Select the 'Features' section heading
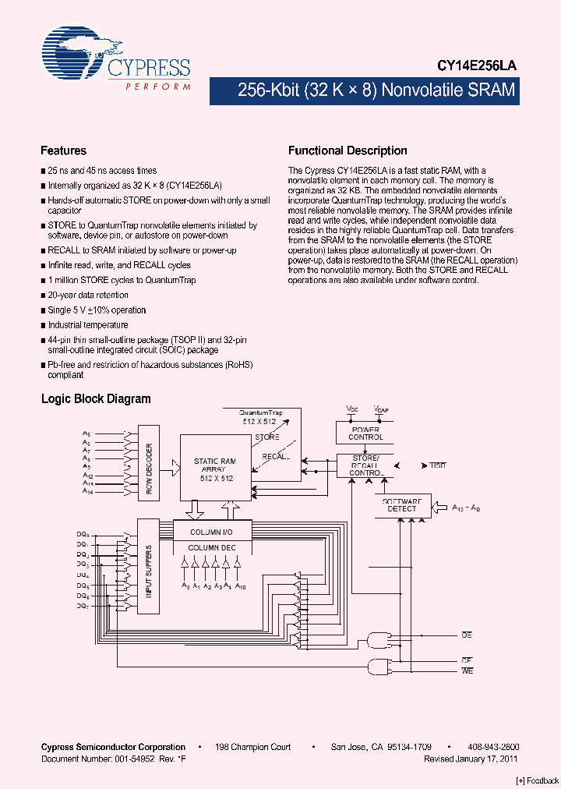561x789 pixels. tap(63, 150)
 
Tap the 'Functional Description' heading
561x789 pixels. tap(348, 150)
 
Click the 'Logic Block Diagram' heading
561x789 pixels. tap(96, 398)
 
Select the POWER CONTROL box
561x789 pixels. tap(365, 433)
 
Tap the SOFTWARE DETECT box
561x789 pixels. tap(402, 504)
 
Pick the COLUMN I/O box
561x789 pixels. tap(211, 532)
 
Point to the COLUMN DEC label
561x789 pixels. tap(211, 548)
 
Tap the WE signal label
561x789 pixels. tap(467, 670)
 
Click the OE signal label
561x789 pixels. tap(467, 635)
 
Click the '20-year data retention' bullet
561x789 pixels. tap(88, 295)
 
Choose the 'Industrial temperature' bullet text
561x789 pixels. tap(88, 324)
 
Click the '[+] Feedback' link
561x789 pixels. tap(536, 780)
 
